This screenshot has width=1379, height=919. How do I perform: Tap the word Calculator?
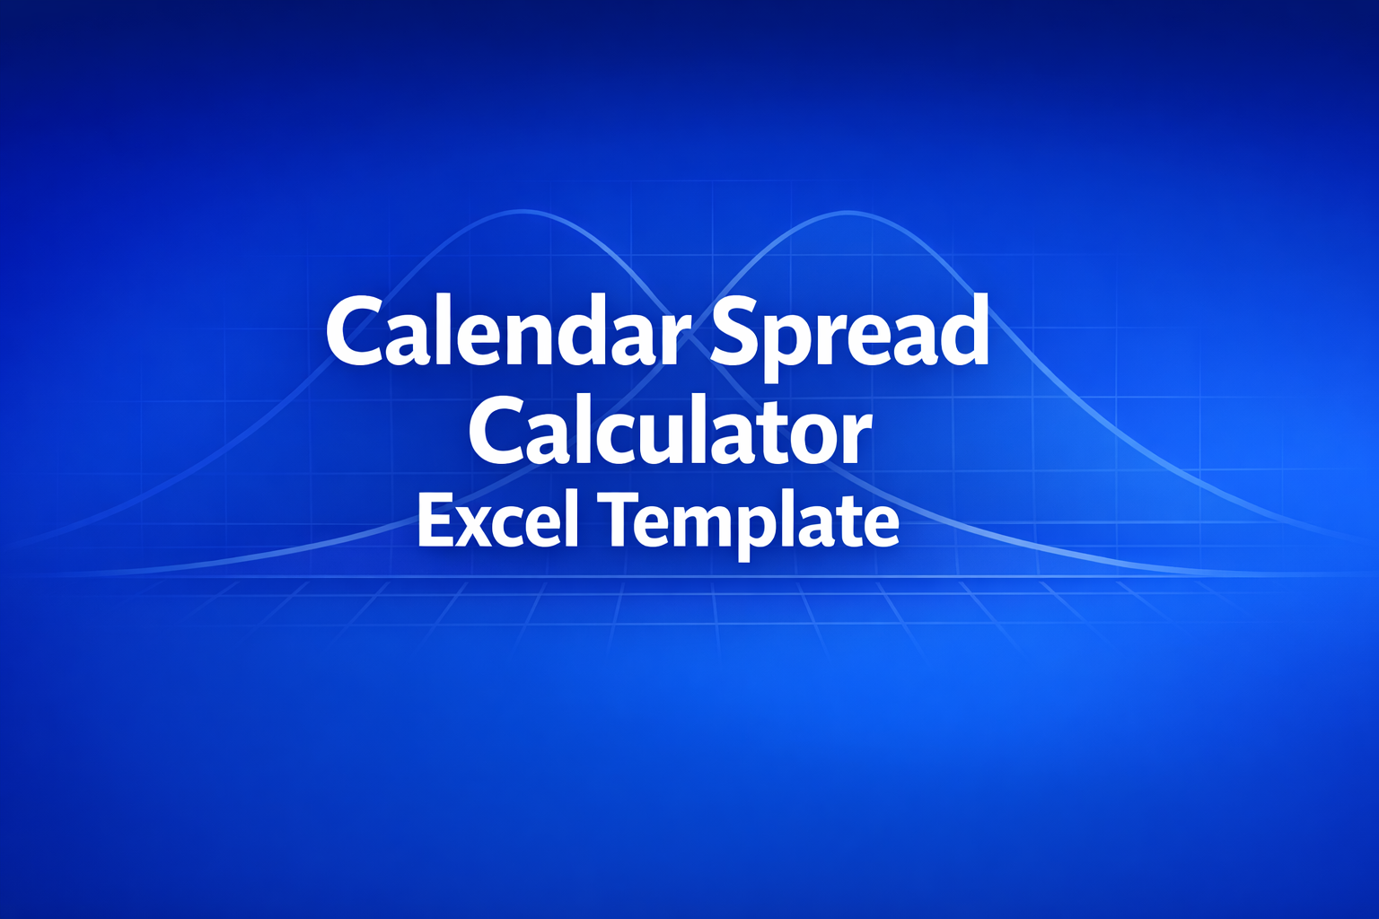pos(670,432)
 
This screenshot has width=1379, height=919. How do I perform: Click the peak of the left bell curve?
pos(522,212)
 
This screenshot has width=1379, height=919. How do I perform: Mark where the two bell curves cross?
pos(684,334)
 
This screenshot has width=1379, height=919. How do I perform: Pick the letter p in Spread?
pos(788,346)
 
